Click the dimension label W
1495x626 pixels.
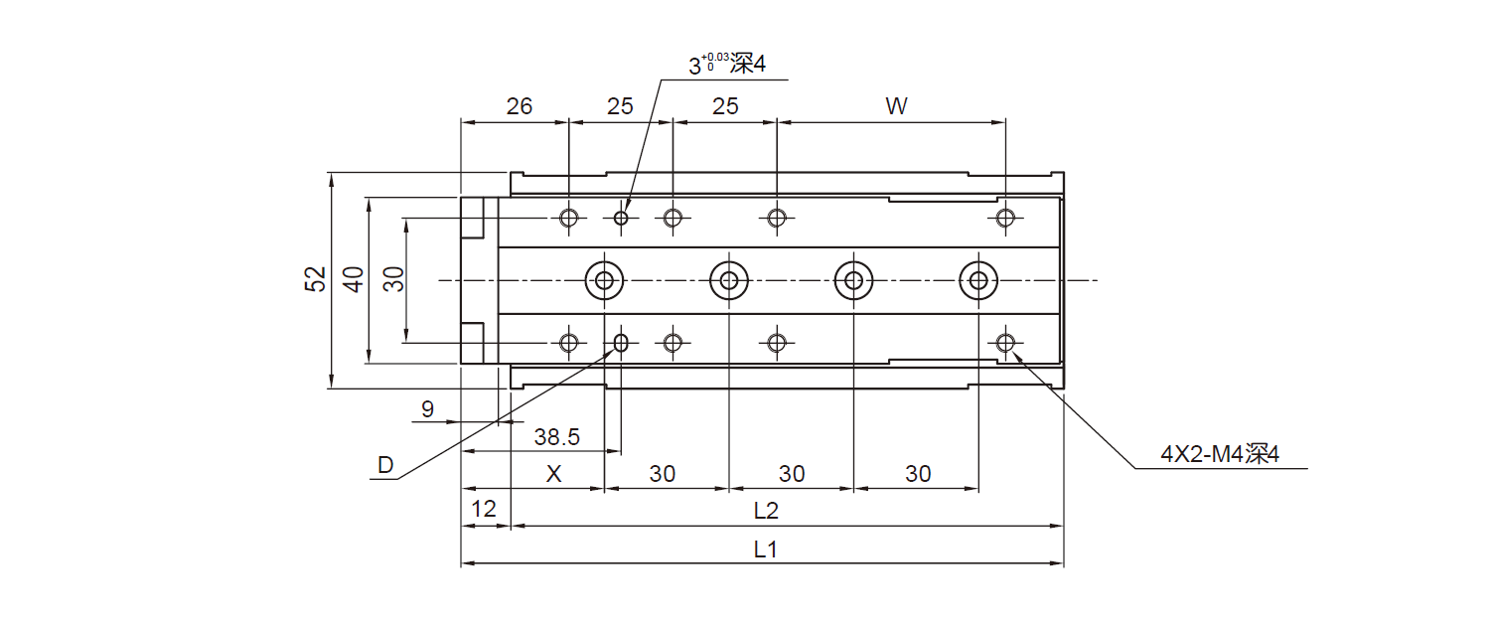click(896, 106)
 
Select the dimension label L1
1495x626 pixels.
click(764, 549)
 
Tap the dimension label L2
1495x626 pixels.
click(765, 512)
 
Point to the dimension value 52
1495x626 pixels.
click(315, 280)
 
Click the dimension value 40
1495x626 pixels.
click(354, 280)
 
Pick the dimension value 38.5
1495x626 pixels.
click(556, 436)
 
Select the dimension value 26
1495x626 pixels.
click(519, 106)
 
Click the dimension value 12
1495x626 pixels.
click(484, 511)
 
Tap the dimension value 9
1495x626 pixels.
click(427, 408)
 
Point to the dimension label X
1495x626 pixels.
click(554, 474)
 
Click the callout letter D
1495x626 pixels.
click(384, 465)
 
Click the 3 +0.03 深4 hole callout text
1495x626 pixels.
click(727, 66)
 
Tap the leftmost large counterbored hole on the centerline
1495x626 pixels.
click(604, 280)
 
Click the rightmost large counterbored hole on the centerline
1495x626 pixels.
click(978, 280)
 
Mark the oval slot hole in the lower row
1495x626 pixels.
click(622, 343)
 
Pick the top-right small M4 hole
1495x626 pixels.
click(1005, 218)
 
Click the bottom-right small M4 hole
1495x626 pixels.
click(1005, 343)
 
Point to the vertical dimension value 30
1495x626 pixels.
click(393, 280)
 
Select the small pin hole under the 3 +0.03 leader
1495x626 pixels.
click(622, 218)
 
